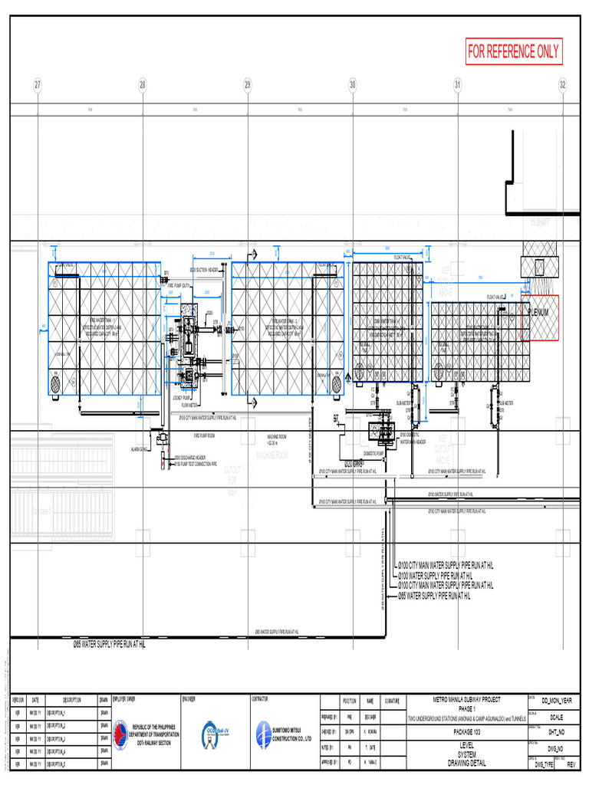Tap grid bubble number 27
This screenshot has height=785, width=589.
coord(37,85)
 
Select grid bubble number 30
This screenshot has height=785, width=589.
coord(353,85)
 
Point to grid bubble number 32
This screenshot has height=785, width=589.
coord(563,85)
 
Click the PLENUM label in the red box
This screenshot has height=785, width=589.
coord(541,313)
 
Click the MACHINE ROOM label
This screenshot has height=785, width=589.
coord(271,455)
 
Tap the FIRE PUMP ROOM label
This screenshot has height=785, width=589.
coord(203,435)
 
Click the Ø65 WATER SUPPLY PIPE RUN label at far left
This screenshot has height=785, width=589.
coord(109,645)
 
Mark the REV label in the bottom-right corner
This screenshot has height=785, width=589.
coord(571,765)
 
